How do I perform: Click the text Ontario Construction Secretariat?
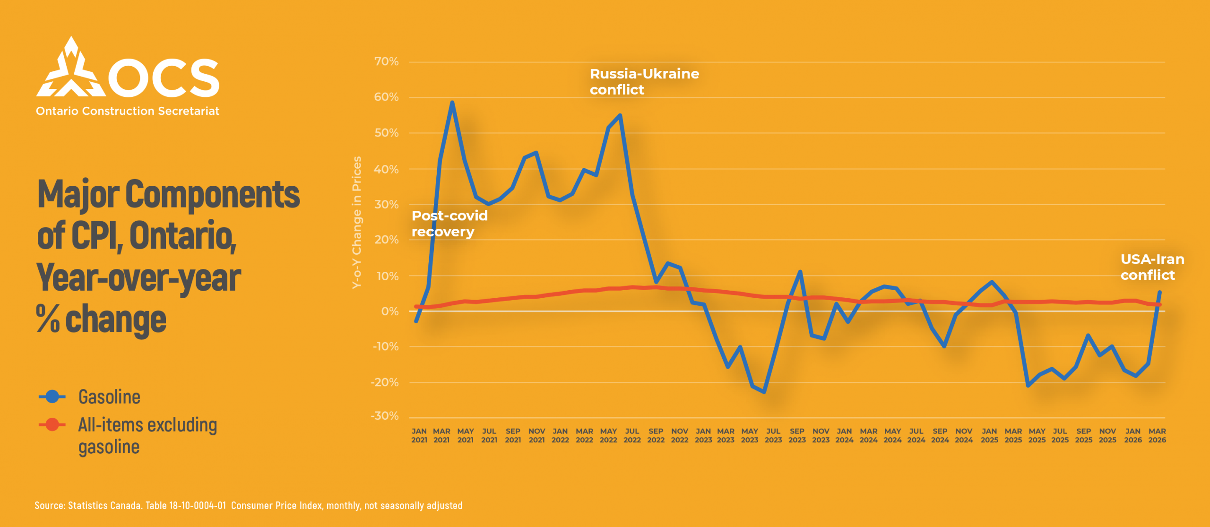(128, 111)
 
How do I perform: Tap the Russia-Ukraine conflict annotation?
(644, 82)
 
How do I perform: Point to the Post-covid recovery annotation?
(449, 224)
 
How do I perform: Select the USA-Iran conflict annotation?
(1152, 267)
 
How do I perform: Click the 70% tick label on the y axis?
(386, 62)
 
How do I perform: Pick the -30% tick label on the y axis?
(385, 416)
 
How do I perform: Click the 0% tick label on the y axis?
(389, 311)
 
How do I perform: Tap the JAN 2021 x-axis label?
(419, 435)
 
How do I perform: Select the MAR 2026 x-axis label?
(1157, 435)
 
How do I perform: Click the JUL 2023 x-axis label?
(773, 435)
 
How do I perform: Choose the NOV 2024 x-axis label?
(964, 435)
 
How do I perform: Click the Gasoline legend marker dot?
(52, 397)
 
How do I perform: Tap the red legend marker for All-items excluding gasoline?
(52, 424)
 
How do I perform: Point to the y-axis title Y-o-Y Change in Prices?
(357, 222)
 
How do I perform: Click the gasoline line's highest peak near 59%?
(452, 103)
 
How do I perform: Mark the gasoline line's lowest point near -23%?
(764, 392)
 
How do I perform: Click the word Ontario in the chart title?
(182, 236)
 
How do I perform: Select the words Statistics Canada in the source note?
(104, 506)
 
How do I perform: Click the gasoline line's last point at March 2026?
(1159, 292)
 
